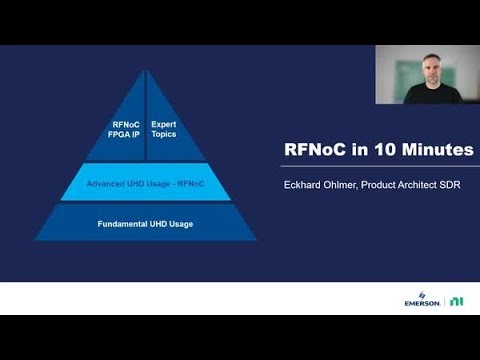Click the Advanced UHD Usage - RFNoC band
(146, 181)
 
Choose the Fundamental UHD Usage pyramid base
(146, 223)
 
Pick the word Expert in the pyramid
(163, 124)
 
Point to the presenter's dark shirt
(430, 97)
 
